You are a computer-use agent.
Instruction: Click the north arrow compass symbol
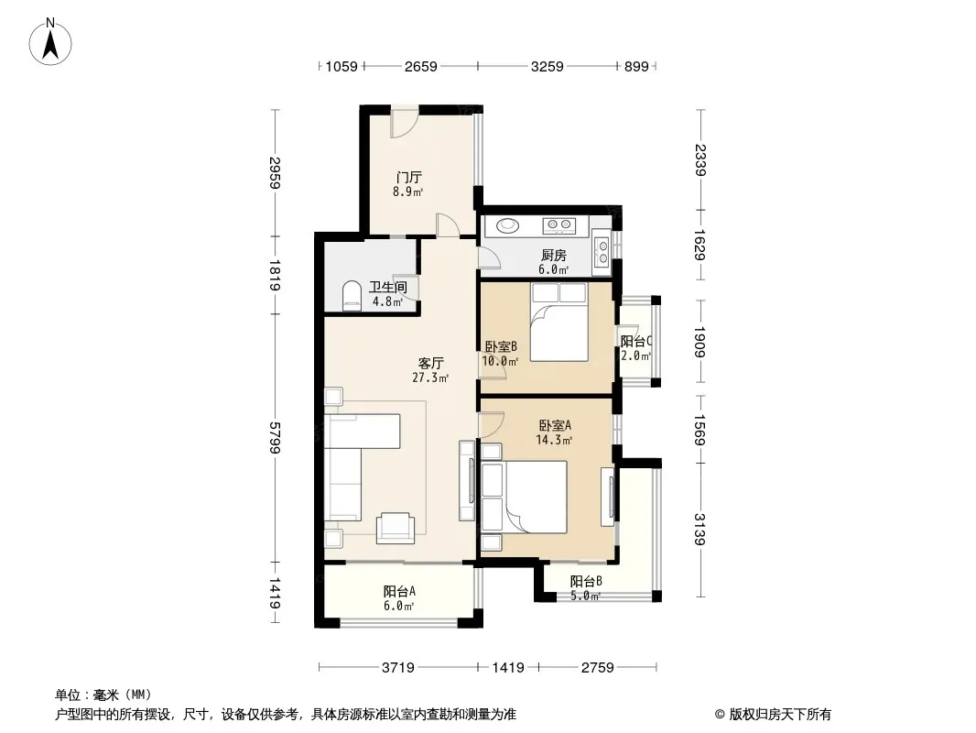pos(50,42)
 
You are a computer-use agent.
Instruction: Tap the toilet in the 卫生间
pos(352,296)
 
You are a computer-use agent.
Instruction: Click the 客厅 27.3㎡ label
pos(430,370)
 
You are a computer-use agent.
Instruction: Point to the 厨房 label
pos(553,255)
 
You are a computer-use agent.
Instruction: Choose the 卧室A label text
pos(555,425)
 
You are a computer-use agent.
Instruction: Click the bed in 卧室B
pos(559,322)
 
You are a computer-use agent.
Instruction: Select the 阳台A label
pos(399,591)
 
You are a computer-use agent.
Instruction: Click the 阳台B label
pos(586,581)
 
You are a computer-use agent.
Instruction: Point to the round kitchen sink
pos(510,224)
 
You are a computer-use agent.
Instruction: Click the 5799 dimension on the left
pos(275,438)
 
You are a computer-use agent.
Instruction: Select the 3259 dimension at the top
pos(548,66)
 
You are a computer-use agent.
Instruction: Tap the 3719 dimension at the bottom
pos(397,668)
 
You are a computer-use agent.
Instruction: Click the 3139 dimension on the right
pos(699,530)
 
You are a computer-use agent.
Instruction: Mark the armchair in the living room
pos(396,528)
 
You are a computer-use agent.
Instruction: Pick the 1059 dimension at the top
pos(342,66)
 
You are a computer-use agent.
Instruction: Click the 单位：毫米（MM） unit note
pos(103,695)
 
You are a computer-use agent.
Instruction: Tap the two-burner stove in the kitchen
pos(558,224)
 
